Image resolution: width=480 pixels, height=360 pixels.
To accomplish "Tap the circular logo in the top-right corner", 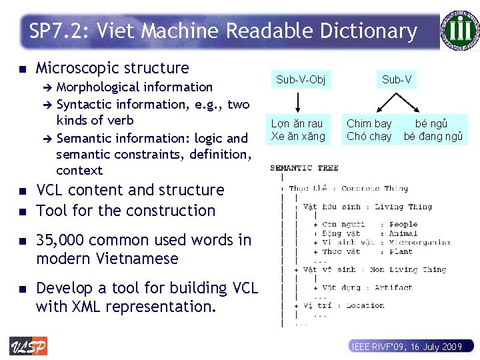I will (459, 30).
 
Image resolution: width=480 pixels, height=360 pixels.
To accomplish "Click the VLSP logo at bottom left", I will (28, 346).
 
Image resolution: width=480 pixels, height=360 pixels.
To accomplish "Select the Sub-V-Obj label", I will (301, 80).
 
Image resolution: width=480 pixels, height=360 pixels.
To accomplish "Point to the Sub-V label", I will (397, 80).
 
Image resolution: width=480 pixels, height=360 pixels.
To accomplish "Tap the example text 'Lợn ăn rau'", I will (297, 123).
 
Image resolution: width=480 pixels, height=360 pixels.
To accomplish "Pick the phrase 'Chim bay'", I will (369, 123).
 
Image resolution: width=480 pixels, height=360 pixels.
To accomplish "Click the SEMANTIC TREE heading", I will (304, 168).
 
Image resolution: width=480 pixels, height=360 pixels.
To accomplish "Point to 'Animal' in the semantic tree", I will (403, 234).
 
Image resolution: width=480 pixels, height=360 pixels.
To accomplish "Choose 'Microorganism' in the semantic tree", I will (420, 243).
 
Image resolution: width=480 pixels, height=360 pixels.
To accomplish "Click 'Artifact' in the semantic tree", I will (393, 288).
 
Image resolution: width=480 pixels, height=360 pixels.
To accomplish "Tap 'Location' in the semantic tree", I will (365, 305).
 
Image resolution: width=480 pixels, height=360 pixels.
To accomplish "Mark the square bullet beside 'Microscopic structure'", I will (22, 69).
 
